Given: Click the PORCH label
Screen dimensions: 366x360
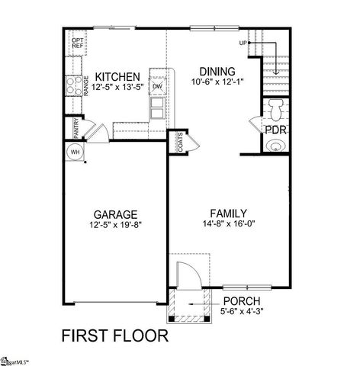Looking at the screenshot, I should [x=243, y=300].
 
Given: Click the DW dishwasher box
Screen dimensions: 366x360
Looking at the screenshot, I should [x=158, y=86].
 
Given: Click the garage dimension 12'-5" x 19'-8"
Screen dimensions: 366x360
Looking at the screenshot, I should [x=114, y=225].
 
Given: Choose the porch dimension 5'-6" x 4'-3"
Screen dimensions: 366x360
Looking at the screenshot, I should [x=243, y=311].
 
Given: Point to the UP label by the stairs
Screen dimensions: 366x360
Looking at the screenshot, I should [x=243, y=43].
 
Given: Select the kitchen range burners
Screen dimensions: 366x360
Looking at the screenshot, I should [x=75, y=85].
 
